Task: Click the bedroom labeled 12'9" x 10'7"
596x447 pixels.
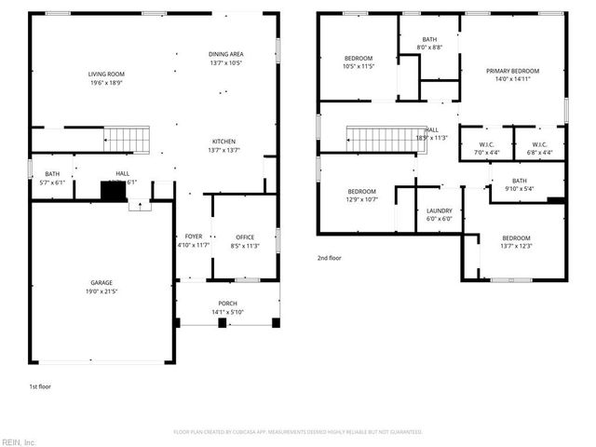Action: click(x=362, y=195)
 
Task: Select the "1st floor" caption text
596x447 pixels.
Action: click(x=41, y=385)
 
